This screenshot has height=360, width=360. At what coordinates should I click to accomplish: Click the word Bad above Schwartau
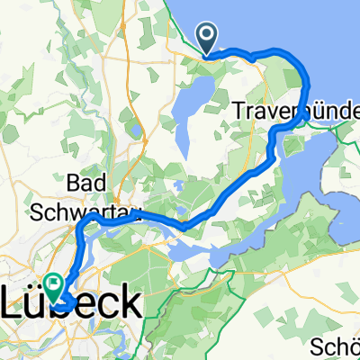pos(101,184)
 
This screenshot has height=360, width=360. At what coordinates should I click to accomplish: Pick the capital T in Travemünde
pos(239,112)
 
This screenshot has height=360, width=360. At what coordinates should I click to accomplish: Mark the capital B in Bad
pos(85,184)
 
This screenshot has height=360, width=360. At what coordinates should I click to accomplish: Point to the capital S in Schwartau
pos(62,212)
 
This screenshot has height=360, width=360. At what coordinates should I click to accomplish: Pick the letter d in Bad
pos(116,184)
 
